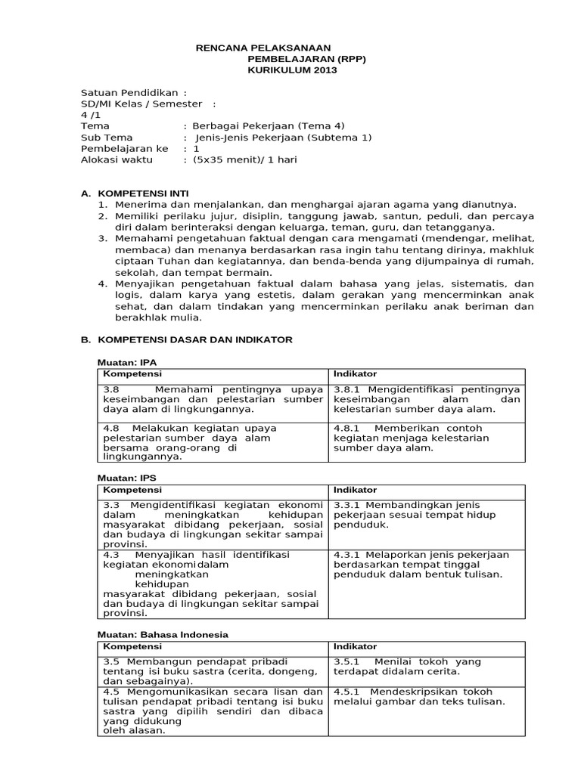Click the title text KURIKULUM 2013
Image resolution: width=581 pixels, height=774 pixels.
point(292,70)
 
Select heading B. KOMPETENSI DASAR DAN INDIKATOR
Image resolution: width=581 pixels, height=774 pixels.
point(186,340)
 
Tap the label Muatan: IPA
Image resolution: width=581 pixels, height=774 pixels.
point(128,363)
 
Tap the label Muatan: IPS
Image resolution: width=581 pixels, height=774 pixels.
point(128,478)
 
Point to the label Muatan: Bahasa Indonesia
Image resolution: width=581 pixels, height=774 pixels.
point(164,634)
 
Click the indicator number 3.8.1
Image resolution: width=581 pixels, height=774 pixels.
point(347,388)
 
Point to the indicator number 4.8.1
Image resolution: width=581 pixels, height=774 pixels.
point(347,428)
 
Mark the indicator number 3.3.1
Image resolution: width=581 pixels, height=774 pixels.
point(347,505)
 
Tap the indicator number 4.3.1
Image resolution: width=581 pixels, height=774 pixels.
point(347,555)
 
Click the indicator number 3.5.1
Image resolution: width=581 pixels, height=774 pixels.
point(347,661)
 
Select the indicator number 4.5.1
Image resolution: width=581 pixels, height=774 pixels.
point(347,692)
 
